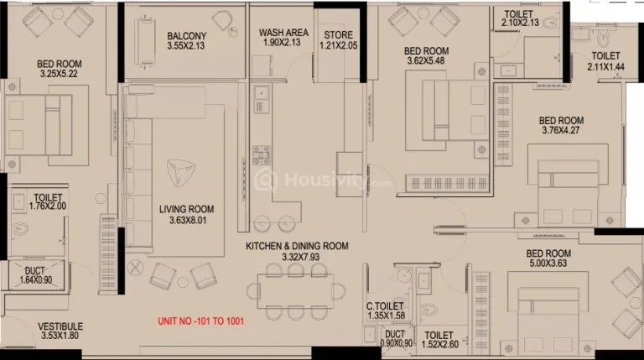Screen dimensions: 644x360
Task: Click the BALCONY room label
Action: tap(186, 36)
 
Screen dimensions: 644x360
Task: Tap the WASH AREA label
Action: tap(283, 33)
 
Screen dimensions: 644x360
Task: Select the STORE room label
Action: tap(339, 35)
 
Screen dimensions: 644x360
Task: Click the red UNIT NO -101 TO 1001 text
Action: tap(201, 321)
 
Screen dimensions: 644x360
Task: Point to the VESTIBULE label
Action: tap(60, 326)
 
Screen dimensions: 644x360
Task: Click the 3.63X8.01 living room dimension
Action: tap(188, 220)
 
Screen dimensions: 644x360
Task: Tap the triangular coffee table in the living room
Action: tap(181, 172)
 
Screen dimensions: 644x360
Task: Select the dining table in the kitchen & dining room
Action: tap(296, 291)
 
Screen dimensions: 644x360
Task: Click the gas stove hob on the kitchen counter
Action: tap(262, 155)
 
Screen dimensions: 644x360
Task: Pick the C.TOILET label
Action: tap(385, 306)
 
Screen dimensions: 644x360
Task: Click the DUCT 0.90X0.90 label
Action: tap(396, 339)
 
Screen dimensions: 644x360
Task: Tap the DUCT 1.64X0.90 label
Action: tap(36, 275)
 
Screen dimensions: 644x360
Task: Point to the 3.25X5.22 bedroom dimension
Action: tap(60, 74)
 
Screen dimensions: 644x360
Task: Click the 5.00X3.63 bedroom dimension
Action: tap(548, 263)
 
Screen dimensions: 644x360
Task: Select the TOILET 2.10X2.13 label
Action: tap(520, 18)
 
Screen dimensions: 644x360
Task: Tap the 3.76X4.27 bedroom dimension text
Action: tap(561, 130)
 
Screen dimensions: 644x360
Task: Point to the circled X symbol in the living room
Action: tap(136, 268)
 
